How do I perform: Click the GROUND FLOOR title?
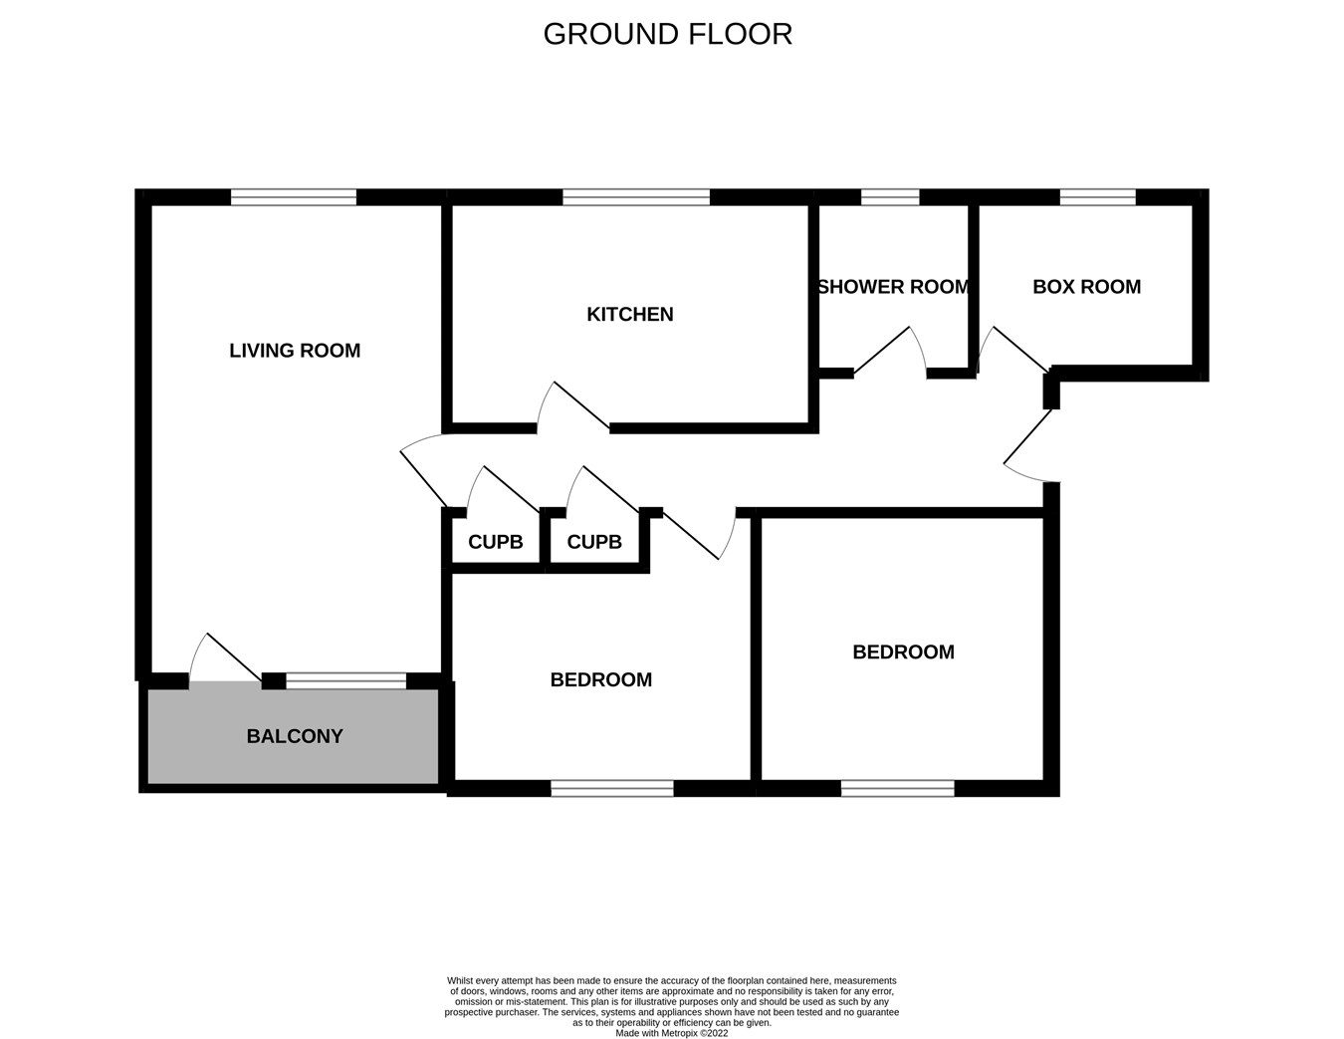[x=667, y=34]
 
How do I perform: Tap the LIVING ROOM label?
[x=295, y=351]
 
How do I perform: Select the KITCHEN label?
[x=630, y=315]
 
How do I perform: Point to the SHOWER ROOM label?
[x=893, y=287]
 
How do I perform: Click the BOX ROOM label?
[x=1086, y=287]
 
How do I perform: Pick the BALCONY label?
[x=295, y=736]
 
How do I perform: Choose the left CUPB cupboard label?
[x=495, y=542]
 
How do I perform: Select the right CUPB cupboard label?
[x=594, y=542]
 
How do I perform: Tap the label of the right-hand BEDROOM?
[x=903, y=652]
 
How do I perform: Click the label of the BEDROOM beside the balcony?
[x=600, y=680]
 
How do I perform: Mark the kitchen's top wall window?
[x=636, y=197]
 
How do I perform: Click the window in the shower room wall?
[x=890, y=197]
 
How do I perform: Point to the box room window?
[x=1097, y=197]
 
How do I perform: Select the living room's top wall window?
[x=294, y=197]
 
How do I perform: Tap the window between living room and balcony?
[x=346, y=681]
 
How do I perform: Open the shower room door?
[x=889, y=354]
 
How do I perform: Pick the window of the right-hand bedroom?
[x=897, y=789]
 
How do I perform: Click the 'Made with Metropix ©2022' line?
[x=672, y=1033]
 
